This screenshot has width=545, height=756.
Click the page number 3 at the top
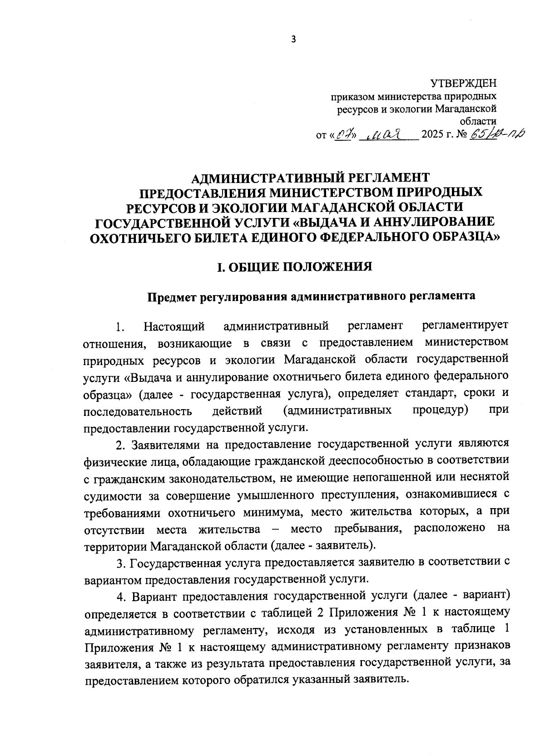tap(293, 39)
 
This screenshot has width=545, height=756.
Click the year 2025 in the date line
tap(433, 135)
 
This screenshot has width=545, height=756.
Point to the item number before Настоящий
tap(119, 327)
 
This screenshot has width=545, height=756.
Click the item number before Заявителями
tap(119, 444)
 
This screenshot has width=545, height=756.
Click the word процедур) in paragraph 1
tap(441, 410)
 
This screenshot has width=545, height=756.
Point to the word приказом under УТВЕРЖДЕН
tap(353, 96)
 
